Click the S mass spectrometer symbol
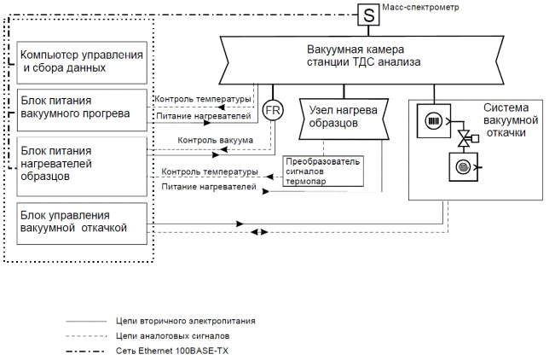click(x=368, y=15)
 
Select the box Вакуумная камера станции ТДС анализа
click(x=364, y=56)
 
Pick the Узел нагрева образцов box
click(x=344, y=119)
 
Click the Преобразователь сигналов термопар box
click(x=324, y=170)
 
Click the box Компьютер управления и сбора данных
click(x=83, y=61)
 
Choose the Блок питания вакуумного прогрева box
click(x=83, y=108)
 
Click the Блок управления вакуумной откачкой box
click(x=83, y=223)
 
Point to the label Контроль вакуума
click(x=216, y=140)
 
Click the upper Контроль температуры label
click(x=203, y=100)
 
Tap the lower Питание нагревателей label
click(x=209, y=186)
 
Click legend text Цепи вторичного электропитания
click(x=185, y=322)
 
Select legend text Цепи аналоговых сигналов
click(x=171, y=336)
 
